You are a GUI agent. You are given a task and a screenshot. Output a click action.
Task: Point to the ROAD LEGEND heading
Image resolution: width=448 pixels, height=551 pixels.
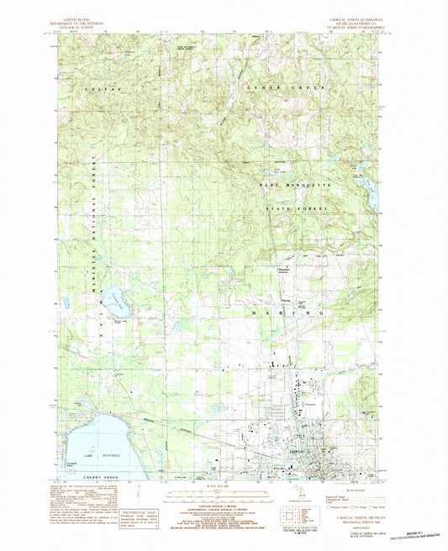(359, 493)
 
